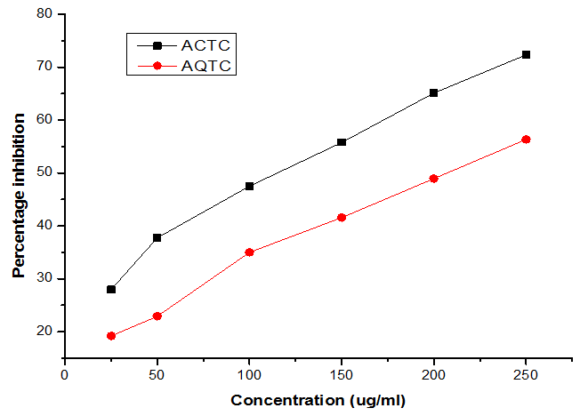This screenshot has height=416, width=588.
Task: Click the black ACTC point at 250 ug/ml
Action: click(526, 55)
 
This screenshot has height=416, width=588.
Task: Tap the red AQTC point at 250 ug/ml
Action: click(526, 140)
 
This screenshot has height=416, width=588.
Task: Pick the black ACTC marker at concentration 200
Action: click(433, 92)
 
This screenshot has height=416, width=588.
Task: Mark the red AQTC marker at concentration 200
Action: click(433, 179)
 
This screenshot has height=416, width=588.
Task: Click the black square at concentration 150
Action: click(342, 142)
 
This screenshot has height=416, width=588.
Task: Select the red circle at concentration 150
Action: click(342, 217)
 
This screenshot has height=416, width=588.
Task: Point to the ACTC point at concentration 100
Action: click(249, 186)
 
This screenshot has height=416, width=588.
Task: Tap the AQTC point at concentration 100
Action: click(249, 252)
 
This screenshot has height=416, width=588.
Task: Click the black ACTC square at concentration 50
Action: click(157, 237)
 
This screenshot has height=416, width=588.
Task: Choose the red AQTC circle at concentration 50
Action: click(157, 316)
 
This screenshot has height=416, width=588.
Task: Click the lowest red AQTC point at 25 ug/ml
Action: click(111, 336)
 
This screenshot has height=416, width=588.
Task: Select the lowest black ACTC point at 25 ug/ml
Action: click(111, 289)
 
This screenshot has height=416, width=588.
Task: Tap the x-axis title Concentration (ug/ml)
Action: click(318, 400)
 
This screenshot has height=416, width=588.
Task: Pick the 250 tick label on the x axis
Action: click(526, 374)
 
